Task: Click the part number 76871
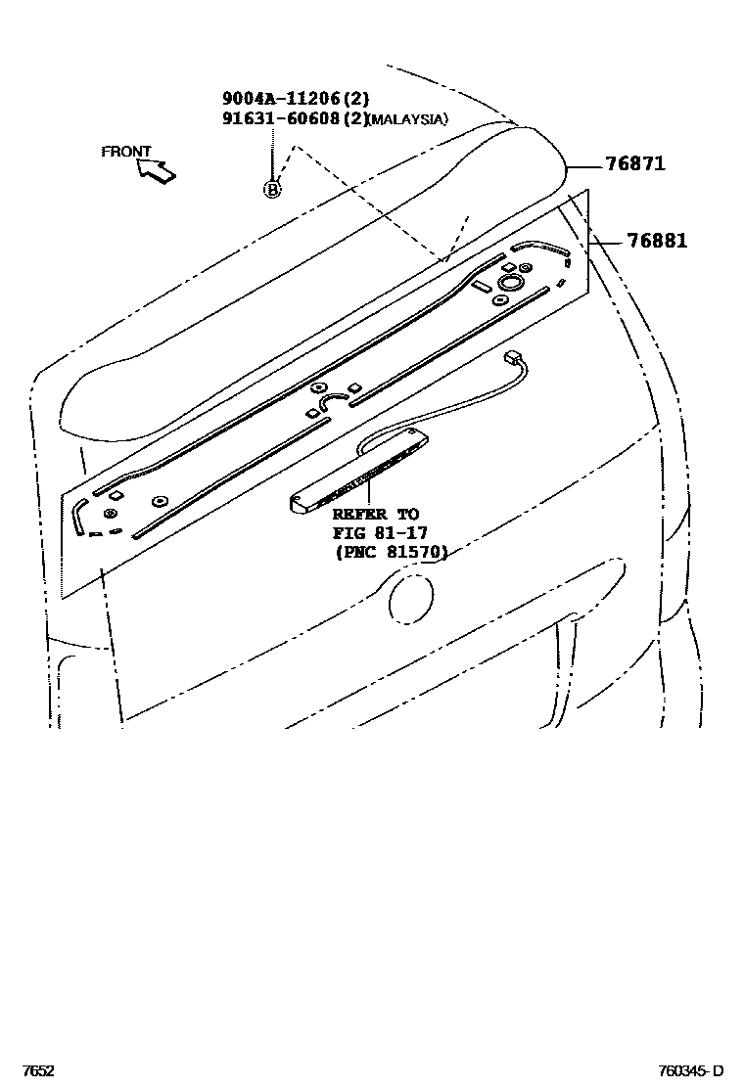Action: click(x=634, y=163)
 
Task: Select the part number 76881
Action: click(x=656, y=241)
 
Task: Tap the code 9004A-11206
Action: click(x=280, y=98)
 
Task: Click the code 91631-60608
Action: click(x=280, y=118)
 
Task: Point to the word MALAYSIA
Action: click(x=410, y=119)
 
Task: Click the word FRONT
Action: click(x=126, y=152)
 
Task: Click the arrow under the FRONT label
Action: click(x=157, y=171)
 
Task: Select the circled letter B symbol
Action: click(x=272, y=189)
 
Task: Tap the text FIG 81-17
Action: click(x=379, y=532)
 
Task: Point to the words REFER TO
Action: click(x=375, y=514)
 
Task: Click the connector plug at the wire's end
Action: click(x=511, y=358)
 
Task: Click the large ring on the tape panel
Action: click(x=510, y=283)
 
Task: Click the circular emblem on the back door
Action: click(x=410, y=595)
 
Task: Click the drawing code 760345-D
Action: click(x=690, y=1070)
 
